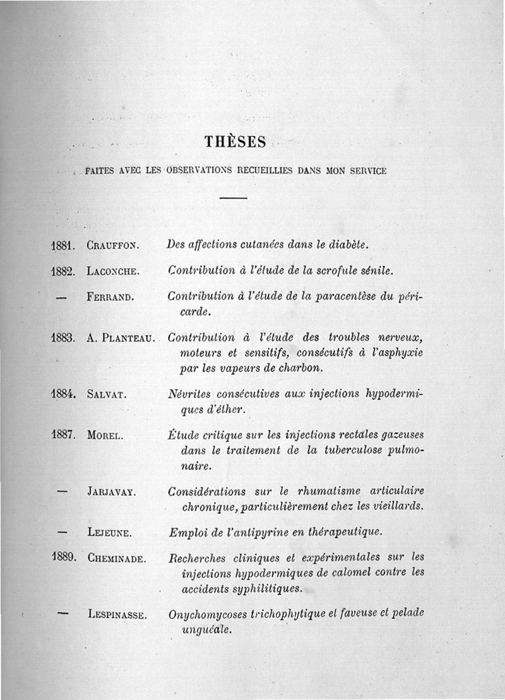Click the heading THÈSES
tap(235, 142)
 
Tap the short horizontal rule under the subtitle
tap(234, 198)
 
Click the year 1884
tap(64, 395)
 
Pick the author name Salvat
tap(107, 395)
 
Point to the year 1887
tap(64, 435)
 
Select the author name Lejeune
tap(110, 533)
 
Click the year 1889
tap(64, 557)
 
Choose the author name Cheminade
tap(117, 558)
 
